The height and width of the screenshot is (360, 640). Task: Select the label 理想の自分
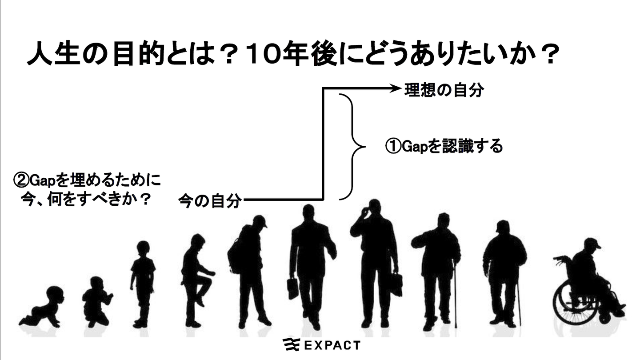(443, 91)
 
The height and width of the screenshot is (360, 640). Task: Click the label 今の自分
(210, 201)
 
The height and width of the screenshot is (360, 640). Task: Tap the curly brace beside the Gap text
(353, 147)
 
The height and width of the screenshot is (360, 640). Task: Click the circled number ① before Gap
(393, 146)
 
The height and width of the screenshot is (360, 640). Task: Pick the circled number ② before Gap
(21, 180)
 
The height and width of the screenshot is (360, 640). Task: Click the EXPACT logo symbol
(291, 345)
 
